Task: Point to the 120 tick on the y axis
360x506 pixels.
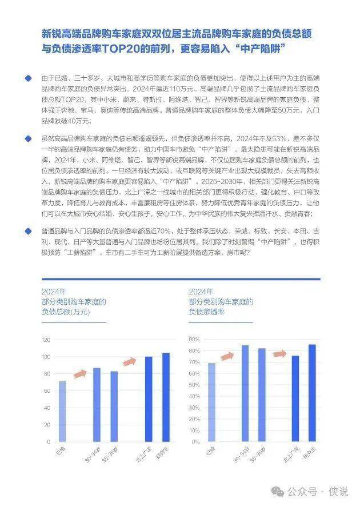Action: [x=46, y=340]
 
